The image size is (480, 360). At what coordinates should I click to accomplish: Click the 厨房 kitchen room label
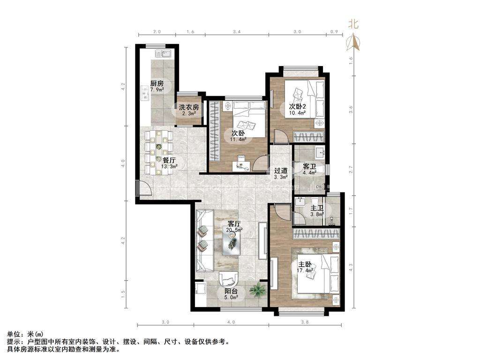pyautogui.click(x=157, y=83)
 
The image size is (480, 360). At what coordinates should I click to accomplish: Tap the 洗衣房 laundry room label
pyautogui.click(x=189, y=107)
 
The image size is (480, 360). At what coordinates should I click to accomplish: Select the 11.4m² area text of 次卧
pyautogui.click(x=239, y=140)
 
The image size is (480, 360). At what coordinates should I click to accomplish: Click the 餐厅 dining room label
pyautogui.click(x=169, y=160)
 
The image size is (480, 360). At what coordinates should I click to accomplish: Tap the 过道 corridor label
pyautogui.click(x=281, y=171)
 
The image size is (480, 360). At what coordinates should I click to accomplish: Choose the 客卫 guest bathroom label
pyautogui.click(x=309, y=166)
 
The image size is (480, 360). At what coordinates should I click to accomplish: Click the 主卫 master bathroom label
pyautogui.click(x=317, y=209)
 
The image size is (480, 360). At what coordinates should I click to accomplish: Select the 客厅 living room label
pyautogui.click(x=234, y=224)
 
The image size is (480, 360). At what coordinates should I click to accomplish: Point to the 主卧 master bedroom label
pyautogui.click(x=305, y=264)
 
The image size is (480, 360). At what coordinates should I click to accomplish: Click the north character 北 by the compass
pyautogui.click(x=353, y=24)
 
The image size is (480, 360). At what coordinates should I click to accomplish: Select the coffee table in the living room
pyautogui.click(x=232, y=242)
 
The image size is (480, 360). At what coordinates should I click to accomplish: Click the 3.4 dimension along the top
pyautogui.click(x=237, y=31)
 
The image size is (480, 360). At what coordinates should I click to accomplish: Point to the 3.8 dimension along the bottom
pyautogui.click(x=305, y=322)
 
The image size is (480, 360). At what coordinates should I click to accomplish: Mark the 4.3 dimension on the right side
pyautogui.click(x=351, y=267)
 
